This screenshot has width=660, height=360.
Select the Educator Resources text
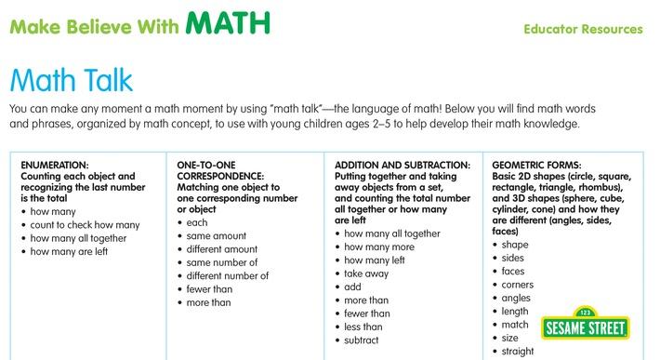click(583, 29)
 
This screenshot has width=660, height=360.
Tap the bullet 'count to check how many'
click(85, 224)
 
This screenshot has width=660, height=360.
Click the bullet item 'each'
click(197, 223)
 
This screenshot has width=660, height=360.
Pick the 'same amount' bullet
click(217, 236)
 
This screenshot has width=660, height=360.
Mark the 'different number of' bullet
click(228, 275)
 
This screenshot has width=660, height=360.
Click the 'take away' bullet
click(365, 274)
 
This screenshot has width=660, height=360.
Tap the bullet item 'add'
click(352, 287)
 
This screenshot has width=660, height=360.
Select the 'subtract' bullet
click(363, 340)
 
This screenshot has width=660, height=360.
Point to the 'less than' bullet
click(363, 327)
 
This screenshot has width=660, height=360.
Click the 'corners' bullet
click(518, 285)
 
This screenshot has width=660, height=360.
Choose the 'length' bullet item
click(515, 312)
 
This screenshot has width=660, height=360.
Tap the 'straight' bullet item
click(518, 352)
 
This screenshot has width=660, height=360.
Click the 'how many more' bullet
click(378, 247)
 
